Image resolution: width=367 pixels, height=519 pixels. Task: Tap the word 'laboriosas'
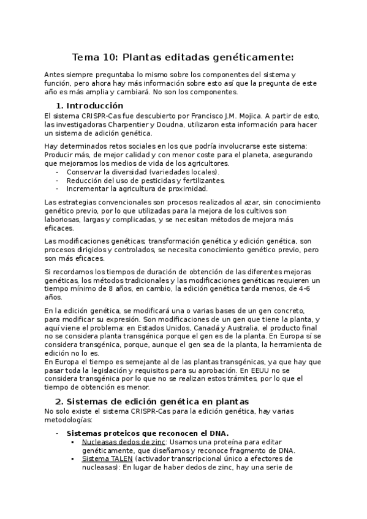pyautogui.click(x=64, y=219)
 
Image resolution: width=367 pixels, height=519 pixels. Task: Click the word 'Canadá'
pyautogui.click(x=211, y=328)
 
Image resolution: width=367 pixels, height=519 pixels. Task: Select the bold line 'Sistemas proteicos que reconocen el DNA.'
pyautogui.click(x=147, y=433)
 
